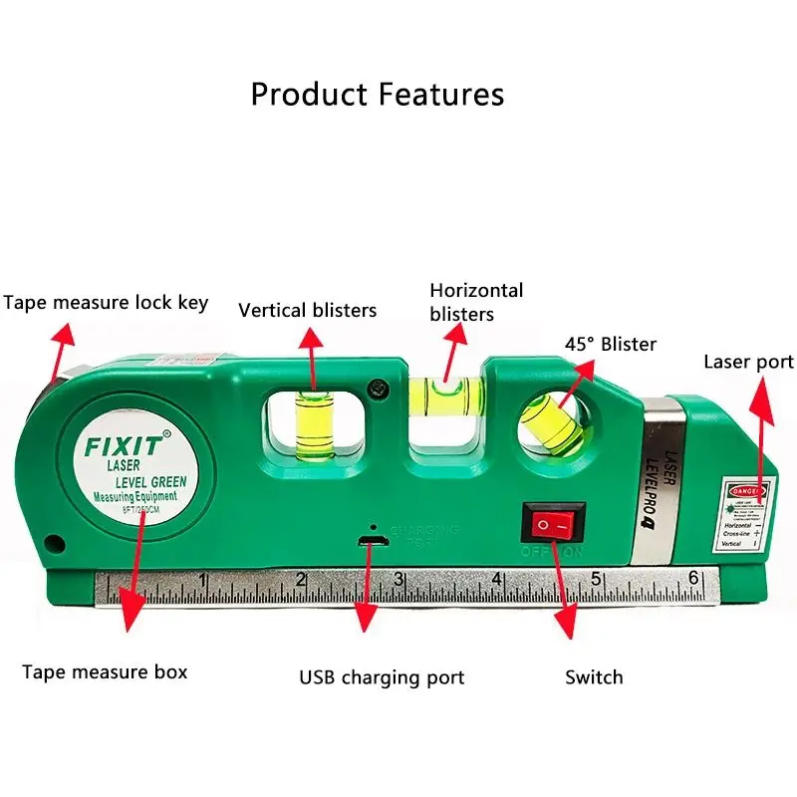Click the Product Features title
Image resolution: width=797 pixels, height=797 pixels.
click(377, 95)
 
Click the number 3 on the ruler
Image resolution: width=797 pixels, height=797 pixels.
click(398, 579)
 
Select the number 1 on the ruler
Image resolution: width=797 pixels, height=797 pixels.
click(202, 580)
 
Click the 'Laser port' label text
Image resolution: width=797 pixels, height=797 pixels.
click(748, 361)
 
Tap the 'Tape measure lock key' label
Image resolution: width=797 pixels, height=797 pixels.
click(106, 302)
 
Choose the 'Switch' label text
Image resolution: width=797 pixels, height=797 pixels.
click(594, 677)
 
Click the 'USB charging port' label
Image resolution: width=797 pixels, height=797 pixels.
click(382, 677)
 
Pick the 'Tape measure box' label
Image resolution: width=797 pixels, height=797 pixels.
click(105, 671)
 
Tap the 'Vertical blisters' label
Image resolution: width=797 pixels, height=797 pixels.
click(307, 310)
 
